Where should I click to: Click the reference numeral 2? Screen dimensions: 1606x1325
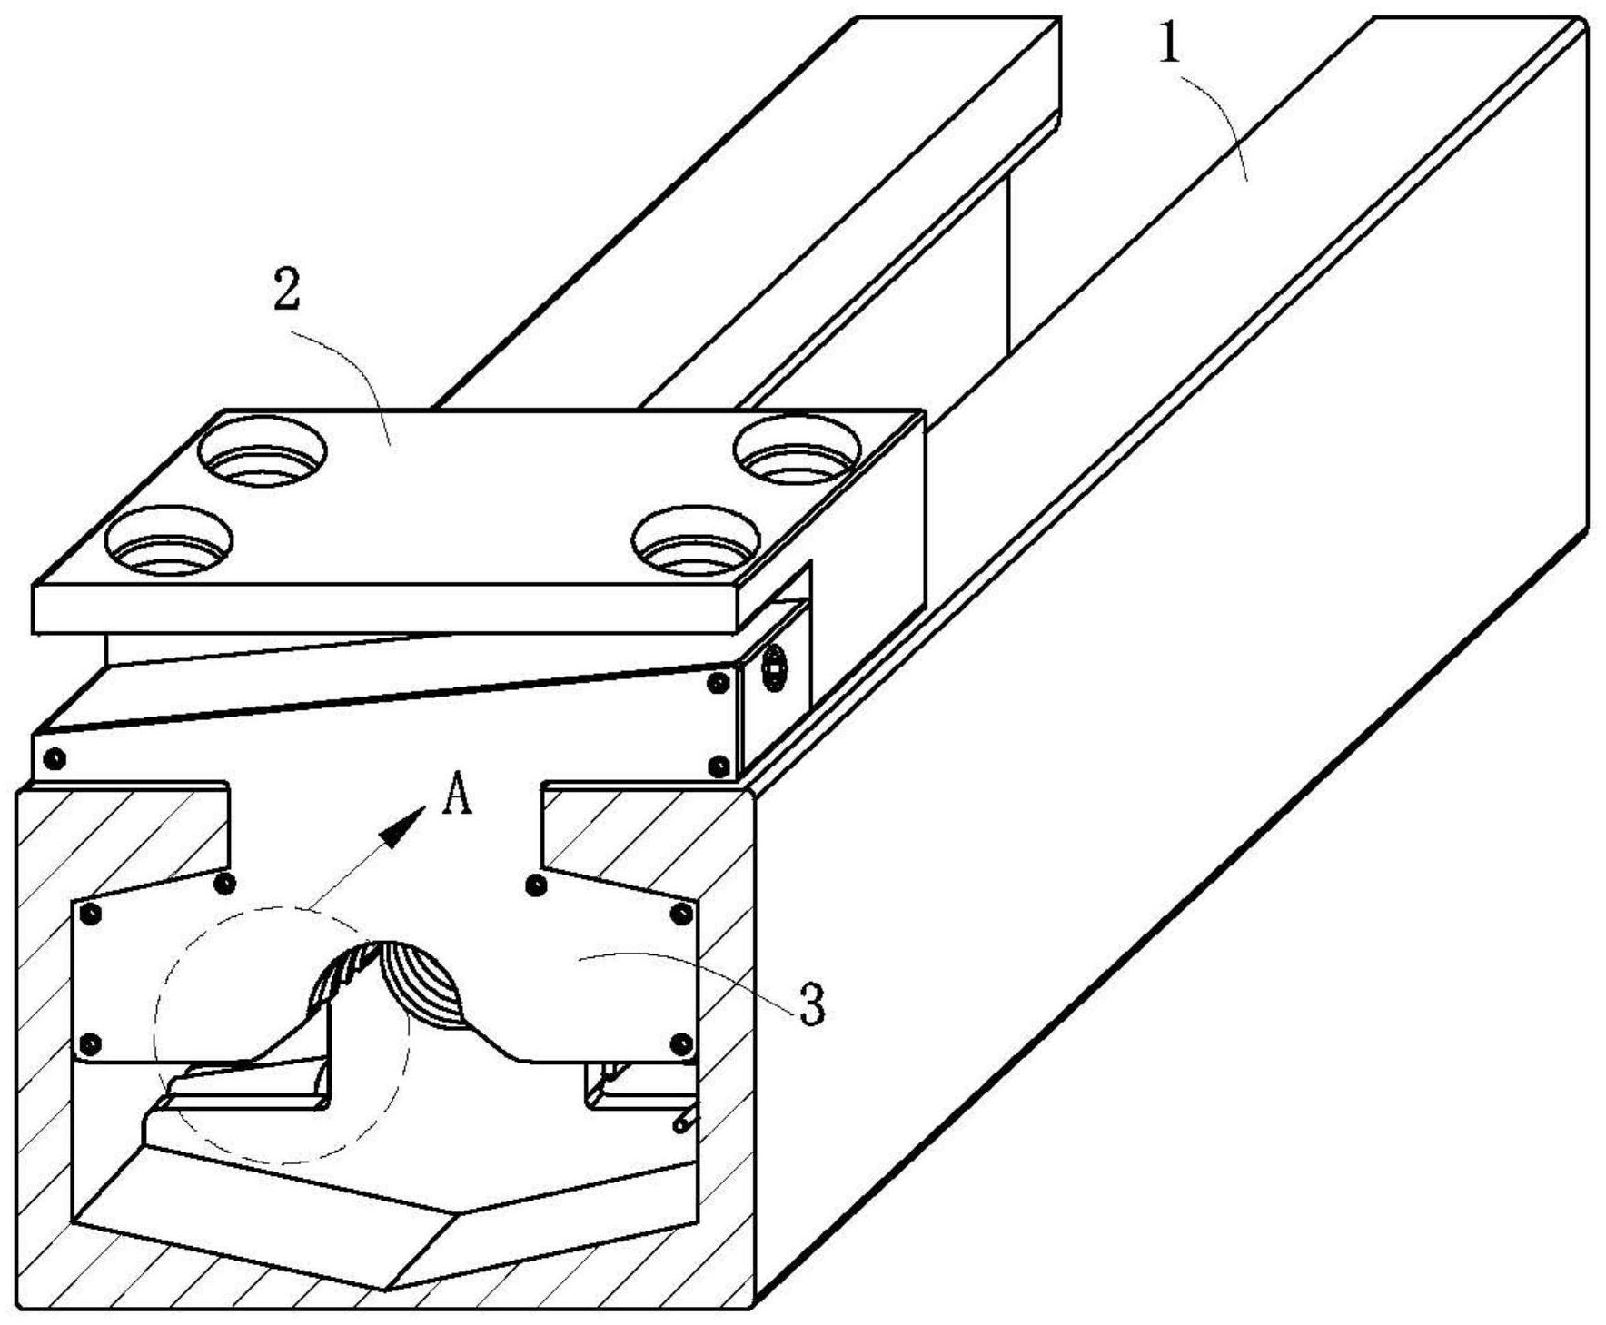coord(287,290)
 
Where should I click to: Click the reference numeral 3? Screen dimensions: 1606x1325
coord(811,1004)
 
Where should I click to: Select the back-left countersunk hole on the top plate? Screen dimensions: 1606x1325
coord(263,450)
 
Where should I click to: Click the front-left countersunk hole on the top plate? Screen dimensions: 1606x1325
coord(168,541)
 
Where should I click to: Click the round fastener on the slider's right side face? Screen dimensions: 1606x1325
coord(773,670)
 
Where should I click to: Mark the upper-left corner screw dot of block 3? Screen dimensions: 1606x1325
coord(89,914)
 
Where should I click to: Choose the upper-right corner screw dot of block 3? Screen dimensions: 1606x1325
coord(681,914)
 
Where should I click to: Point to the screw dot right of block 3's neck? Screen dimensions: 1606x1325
coord(536,884)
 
